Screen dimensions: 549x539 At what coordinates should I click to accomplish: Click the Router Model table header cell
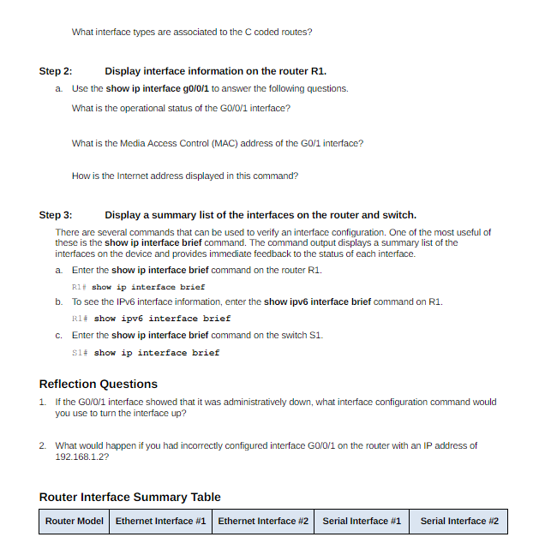click(75, 521)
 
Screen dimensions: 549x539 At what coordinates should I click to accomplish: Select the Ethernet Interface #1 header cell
click(161, 521)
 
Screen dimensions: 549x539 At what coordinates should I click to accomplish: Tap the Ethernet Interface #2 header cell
click(263, 521)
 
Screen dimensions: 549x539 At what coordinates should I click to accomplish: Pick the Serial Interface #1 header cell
click(362, 521)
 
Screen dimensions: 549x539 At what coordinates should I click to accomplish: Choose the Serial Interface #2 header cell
click(459, 521)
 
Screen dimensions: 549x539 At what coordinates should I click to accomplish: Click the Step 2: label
click(56, 71)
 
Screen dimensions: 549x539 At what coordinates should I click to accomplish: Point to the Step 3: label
click(56, 215)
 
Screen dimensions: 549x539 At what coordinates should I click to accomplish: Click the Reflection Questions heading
click(99, 384)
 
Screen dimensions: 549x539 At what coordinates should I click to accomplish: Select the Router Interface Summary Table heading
click(130, 497)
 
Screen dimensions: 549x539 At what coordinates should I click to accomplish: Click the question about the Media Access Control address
click(217, 143)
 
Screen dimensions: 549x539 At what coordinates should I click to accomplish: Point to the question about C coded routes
click(192, 32)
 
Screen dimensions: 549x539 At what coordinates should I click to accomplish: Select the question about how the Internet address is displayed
click(185, 176)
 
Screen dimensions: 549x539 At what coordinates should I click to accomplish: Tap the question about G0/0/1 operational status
click(181, 108)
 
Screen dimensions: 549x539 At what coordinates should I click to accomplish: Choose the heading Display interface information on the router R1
click(215, 71)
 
